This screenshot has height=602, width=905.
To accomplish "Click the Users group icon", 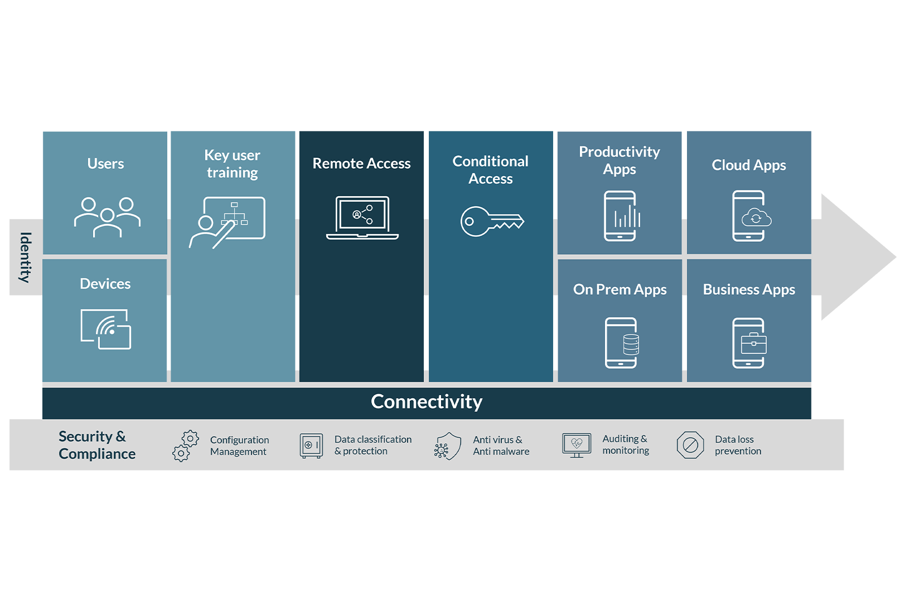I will coord(107,217).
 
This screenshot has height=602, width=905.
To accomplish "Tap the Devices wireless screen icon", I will coord(106,329).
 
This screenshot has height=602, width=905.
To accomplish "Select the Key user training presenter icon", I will coord(228,222).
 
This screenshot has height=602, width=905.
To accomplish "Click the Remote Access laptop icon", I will coord(362,217).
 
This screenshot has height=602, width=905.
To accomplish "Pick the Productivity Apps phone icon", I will coord(621,216).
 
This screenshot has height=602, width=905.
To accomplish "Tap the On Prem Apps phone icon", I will coord(621,343).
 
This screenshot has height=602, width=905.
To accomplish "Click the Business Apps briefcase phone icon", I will coord(749,343).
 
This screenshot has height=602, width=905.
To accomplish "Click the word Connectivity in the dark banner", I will coord(427,402).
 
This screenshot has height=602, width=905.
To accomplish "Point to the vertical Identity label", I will coord(25,257).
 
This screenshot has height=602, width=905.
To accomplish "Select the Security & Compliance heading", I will coord(97,445).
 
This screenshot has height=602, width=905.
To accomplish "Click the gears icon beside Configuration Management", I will coord(185,445).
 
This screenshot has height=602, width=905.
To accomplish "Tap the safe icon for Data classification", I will coord(311,445).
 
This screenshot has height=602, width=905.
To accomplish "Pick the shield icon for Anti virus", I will coord(448,446).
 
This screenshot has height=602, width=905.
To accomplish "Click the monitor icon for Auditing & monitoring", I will coord(577,445).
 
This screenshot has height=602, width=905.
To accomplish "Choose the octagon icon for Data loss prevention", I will coord(690,445).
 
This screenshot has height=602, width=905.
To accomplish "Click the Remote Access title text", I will coord(361,163).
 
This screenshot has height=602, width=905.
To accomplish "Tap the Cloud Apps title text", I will coord(749,165).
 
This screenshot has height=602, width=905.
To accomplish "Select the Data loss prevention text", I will coord(738,445).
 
